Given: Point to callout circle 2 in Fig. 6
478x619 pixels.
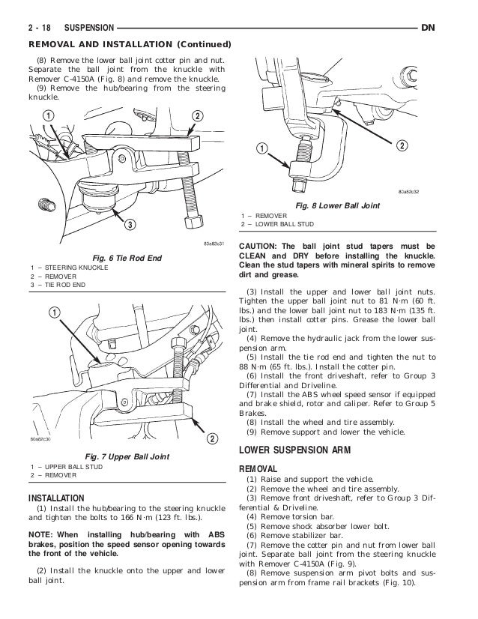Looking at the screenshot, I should point(197,115).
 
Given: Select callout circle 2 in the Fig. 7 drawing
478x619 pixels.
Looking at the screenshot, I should point(212,438).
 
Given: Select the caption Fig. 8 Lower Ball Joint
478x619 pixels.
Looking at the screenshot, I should point(337,206).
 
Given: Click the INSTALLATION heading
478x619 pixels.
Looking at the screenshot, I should point(57,498).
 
